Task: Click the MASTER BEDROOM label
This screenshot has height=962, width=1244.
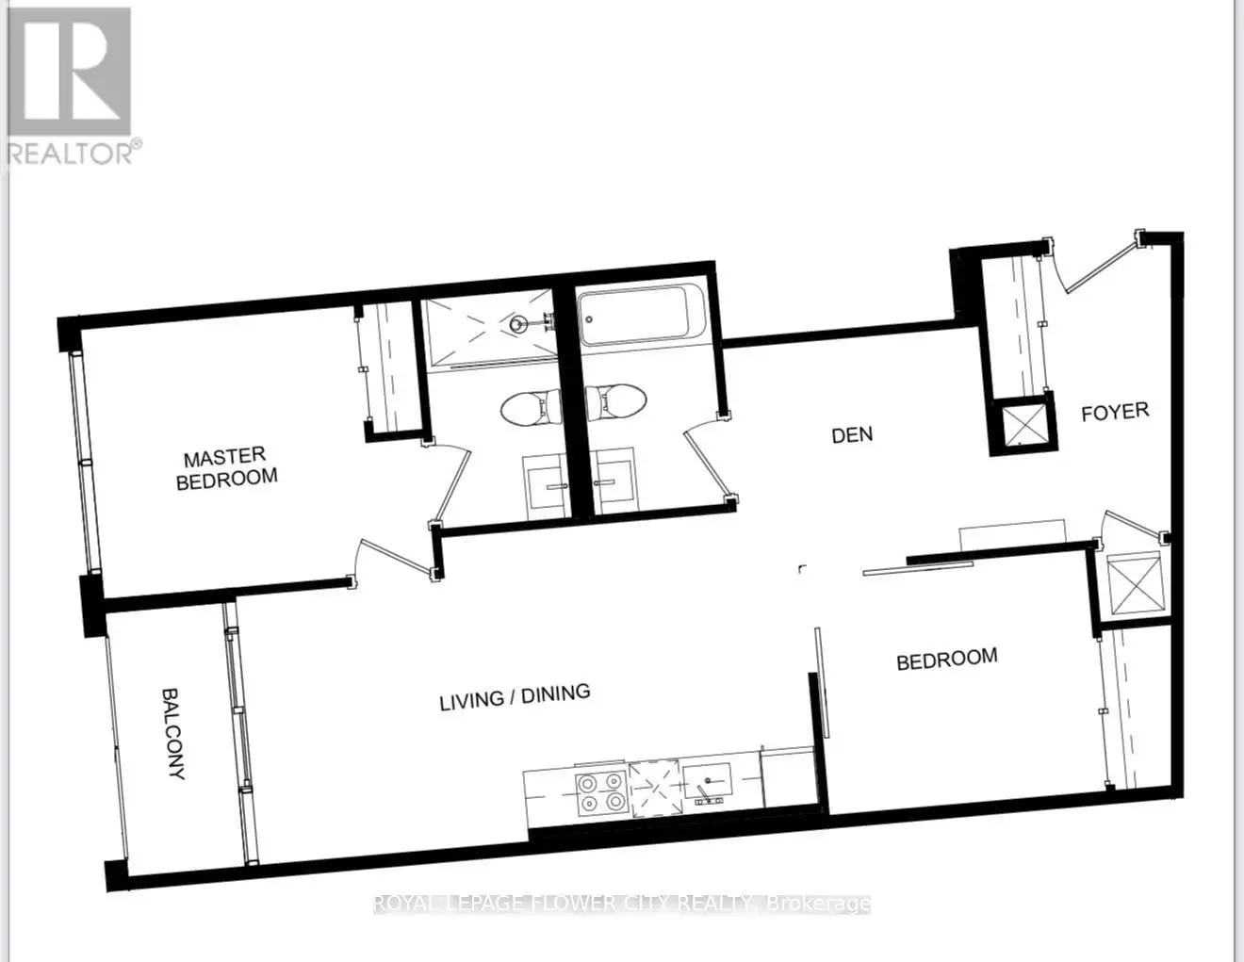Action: [227, 468]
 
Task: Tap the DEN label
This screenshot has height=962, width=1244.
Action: [853, 435]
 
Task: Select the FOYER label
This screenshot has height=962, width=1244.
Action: [1115, 412]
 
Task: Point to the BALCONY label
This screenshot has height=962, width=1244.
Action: [173, 734]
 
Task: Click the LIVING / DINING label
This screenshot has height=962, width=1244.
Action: [515, 697]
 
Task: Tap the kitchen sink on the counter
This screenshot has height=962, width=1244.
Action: [708, 780]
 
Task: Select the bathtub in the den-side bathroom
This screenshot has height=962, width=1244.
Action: [633, 316]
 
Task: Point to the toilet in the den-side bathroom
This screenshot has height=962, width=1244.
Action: [616, 401]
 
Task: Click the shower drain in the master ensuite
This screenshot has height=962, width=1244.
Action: [517, 325]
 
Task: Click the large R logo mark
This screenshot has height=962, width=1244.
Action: [70, 72]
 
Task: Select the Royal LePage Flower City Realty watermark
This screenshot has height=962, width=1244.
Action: [622, 904]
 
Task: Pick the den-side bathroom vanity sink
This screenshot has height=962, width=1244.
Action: [614, 481]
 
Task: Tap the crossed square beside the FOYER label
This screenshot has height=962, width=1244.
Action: [1024, 423]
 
